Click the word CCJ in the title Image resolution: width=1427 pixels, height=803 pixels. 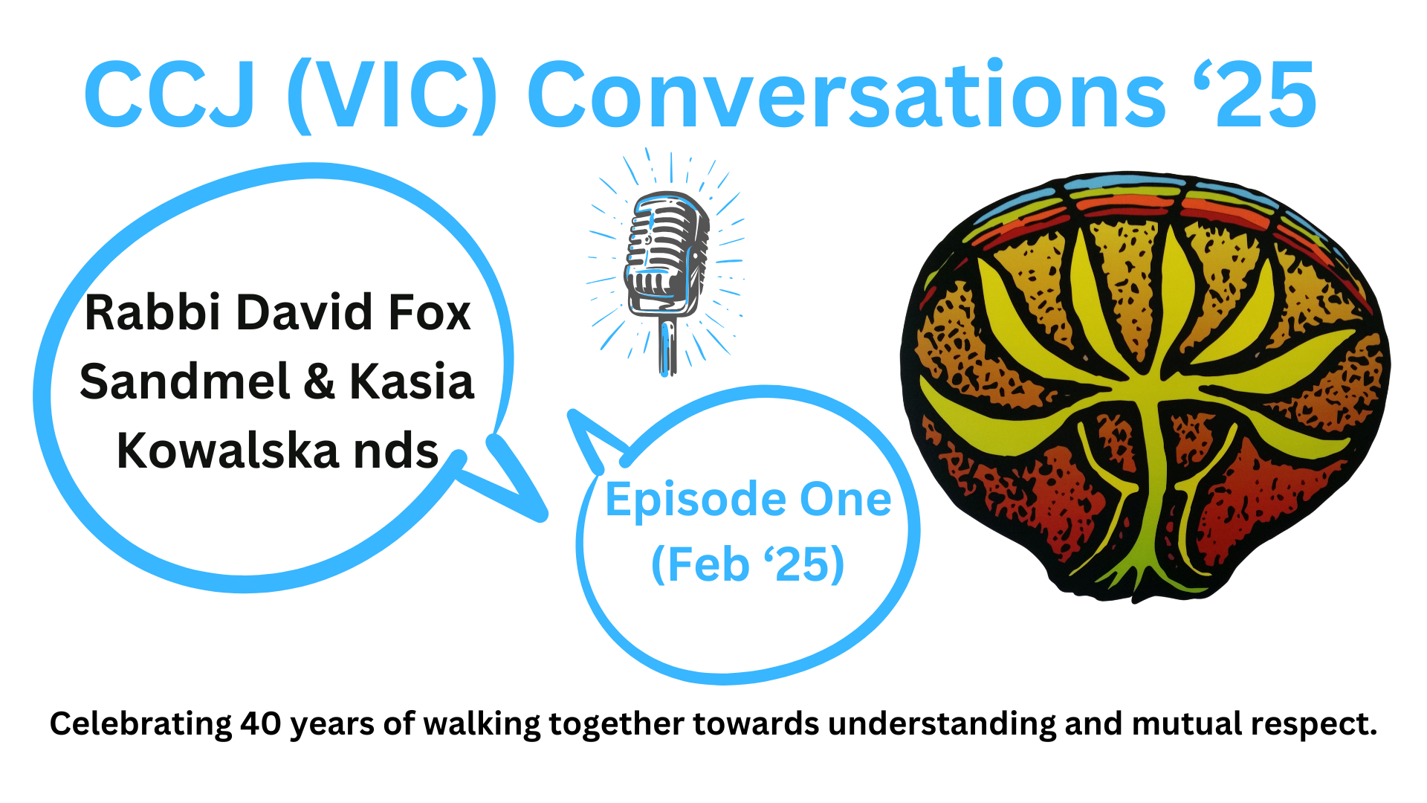coord(170,95)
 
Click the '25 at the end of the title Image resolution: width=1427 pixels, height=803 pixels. coord(1255,94)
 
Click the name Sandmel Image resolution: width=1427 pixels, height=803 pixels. coord(184,381)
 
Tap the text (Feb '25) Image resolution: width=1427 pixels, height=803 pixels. coord(748,564)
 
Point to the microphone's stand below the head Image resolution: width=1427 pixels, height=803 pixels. coord(668,346)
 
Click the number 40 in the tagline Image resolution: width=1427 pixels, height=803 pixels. coord(260,723)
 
